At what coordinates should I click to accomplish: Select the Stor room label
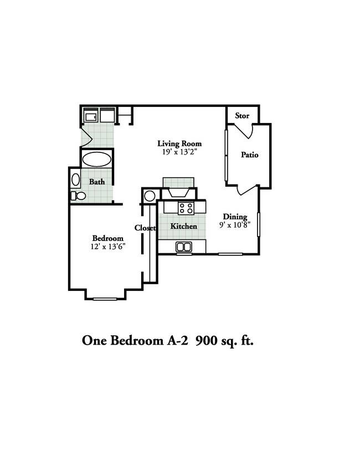(x=242, y=116)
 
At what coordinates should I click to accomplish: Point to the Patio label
(x=249, y=155)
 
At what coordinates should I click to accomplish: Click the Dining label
(x=235, y=217)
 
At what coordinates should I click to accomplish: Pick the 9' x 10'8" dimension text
(x=236, y=224)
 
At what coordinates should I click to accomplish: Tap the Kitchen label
(x=183, y=226)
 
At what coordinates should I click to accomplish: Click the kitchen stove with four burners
(x=186, y=208)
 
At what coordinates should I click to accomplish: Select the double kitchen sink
(x=183, y=247)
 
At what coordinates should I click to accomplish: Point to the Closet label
(x=145, y=228)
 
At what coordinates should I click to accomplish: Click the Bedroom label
(x=107, y=238)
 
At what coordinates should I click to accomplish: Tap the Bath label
(x=97, y=181)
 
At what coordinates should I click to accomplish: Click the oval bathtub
(x=97, y=160)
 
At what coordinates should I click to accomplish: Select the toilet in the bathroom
(x=79, y=196)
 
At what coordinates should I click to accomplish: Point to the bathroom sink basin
(x=76, y=180)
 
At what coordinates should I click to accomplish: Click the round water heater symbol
(x=150, y=196)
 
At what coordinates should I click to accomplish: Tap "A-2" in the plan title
(x=178, y=340)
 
